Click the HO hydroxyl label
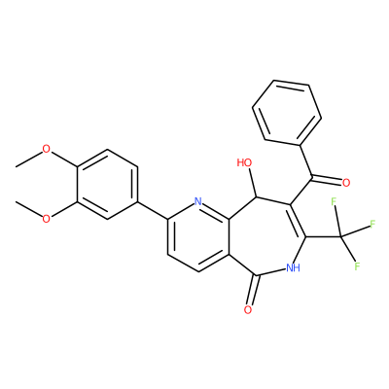coord(244,162)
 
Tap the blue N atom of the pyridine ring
coord(198,201)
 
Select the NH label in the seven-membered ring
coord(293,267)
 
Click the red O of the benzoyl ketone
coord(346,183)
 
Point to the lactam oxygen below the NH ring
coord(248,309)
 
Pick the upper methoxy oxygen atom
coord(47,149)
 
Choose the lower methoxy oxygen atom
coord(47,219)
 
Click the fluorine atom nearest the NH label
coord(358,266)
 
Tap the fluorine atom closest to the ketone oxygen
coord(334,201)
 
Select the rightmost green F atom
coord(372,224)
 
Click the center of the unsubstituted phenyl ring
coord(287,113)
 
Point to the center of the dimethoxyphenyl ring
coord(107,184)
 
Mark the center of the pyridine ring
coord(198,236)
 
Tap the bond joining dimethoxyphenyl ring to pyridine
coord(153,211)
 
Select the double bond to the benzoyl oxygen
coord(327,179)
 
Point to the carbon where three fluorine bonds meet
coord(341,237)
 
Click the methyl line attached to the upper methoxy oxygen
coord(29,159)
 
